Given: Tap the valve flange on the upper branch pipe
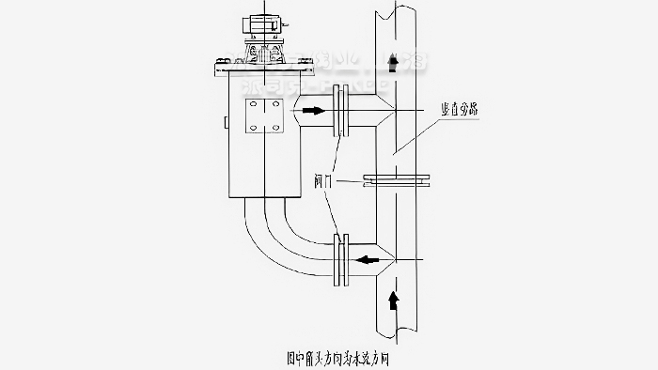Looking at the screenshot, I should pyautogui.click(x=342, y=111).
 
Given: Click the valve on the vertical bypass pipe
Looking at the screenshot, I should pyautogui.click(x=395, y=178).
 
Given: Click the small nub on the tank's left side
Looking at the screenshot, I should pyautogui.click(x=225, y=122).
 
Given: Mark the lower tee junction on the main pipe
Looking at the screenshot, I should pyautogui.click(x=385, y=255).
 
